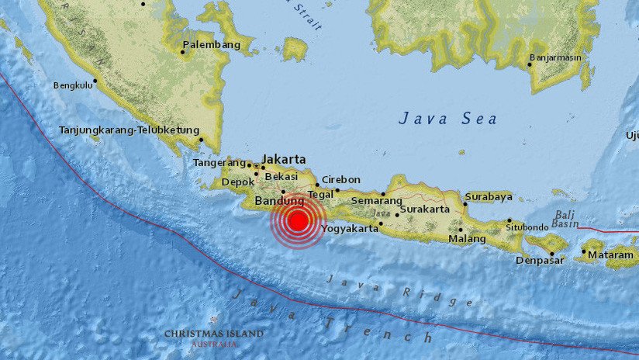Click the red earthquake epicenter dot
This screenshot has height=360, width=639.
coord(298,221)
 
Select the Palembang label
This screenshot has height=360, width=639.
coord(212,44)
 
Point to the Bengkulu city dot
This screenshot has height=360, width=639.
coord(95,80)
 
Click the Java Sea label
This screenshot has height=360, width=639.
coord(448,119)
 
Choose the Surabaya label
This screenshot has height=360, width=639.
coord(489,196)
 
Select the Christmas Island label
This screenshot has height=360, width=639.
coord(213,334)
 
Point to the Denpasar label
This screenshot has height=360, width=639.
coord(540,260)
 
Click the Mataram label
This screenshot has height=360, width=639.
coord(609,254)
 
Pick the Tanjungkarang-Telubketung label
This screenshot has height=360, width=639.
coord(130,130)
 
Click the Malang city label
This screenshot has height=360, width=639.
coord(468,239)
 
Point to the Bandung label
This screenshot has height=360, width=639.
coord(279,202)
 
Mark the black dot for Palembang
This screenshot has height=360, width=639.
coord(183,52)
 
